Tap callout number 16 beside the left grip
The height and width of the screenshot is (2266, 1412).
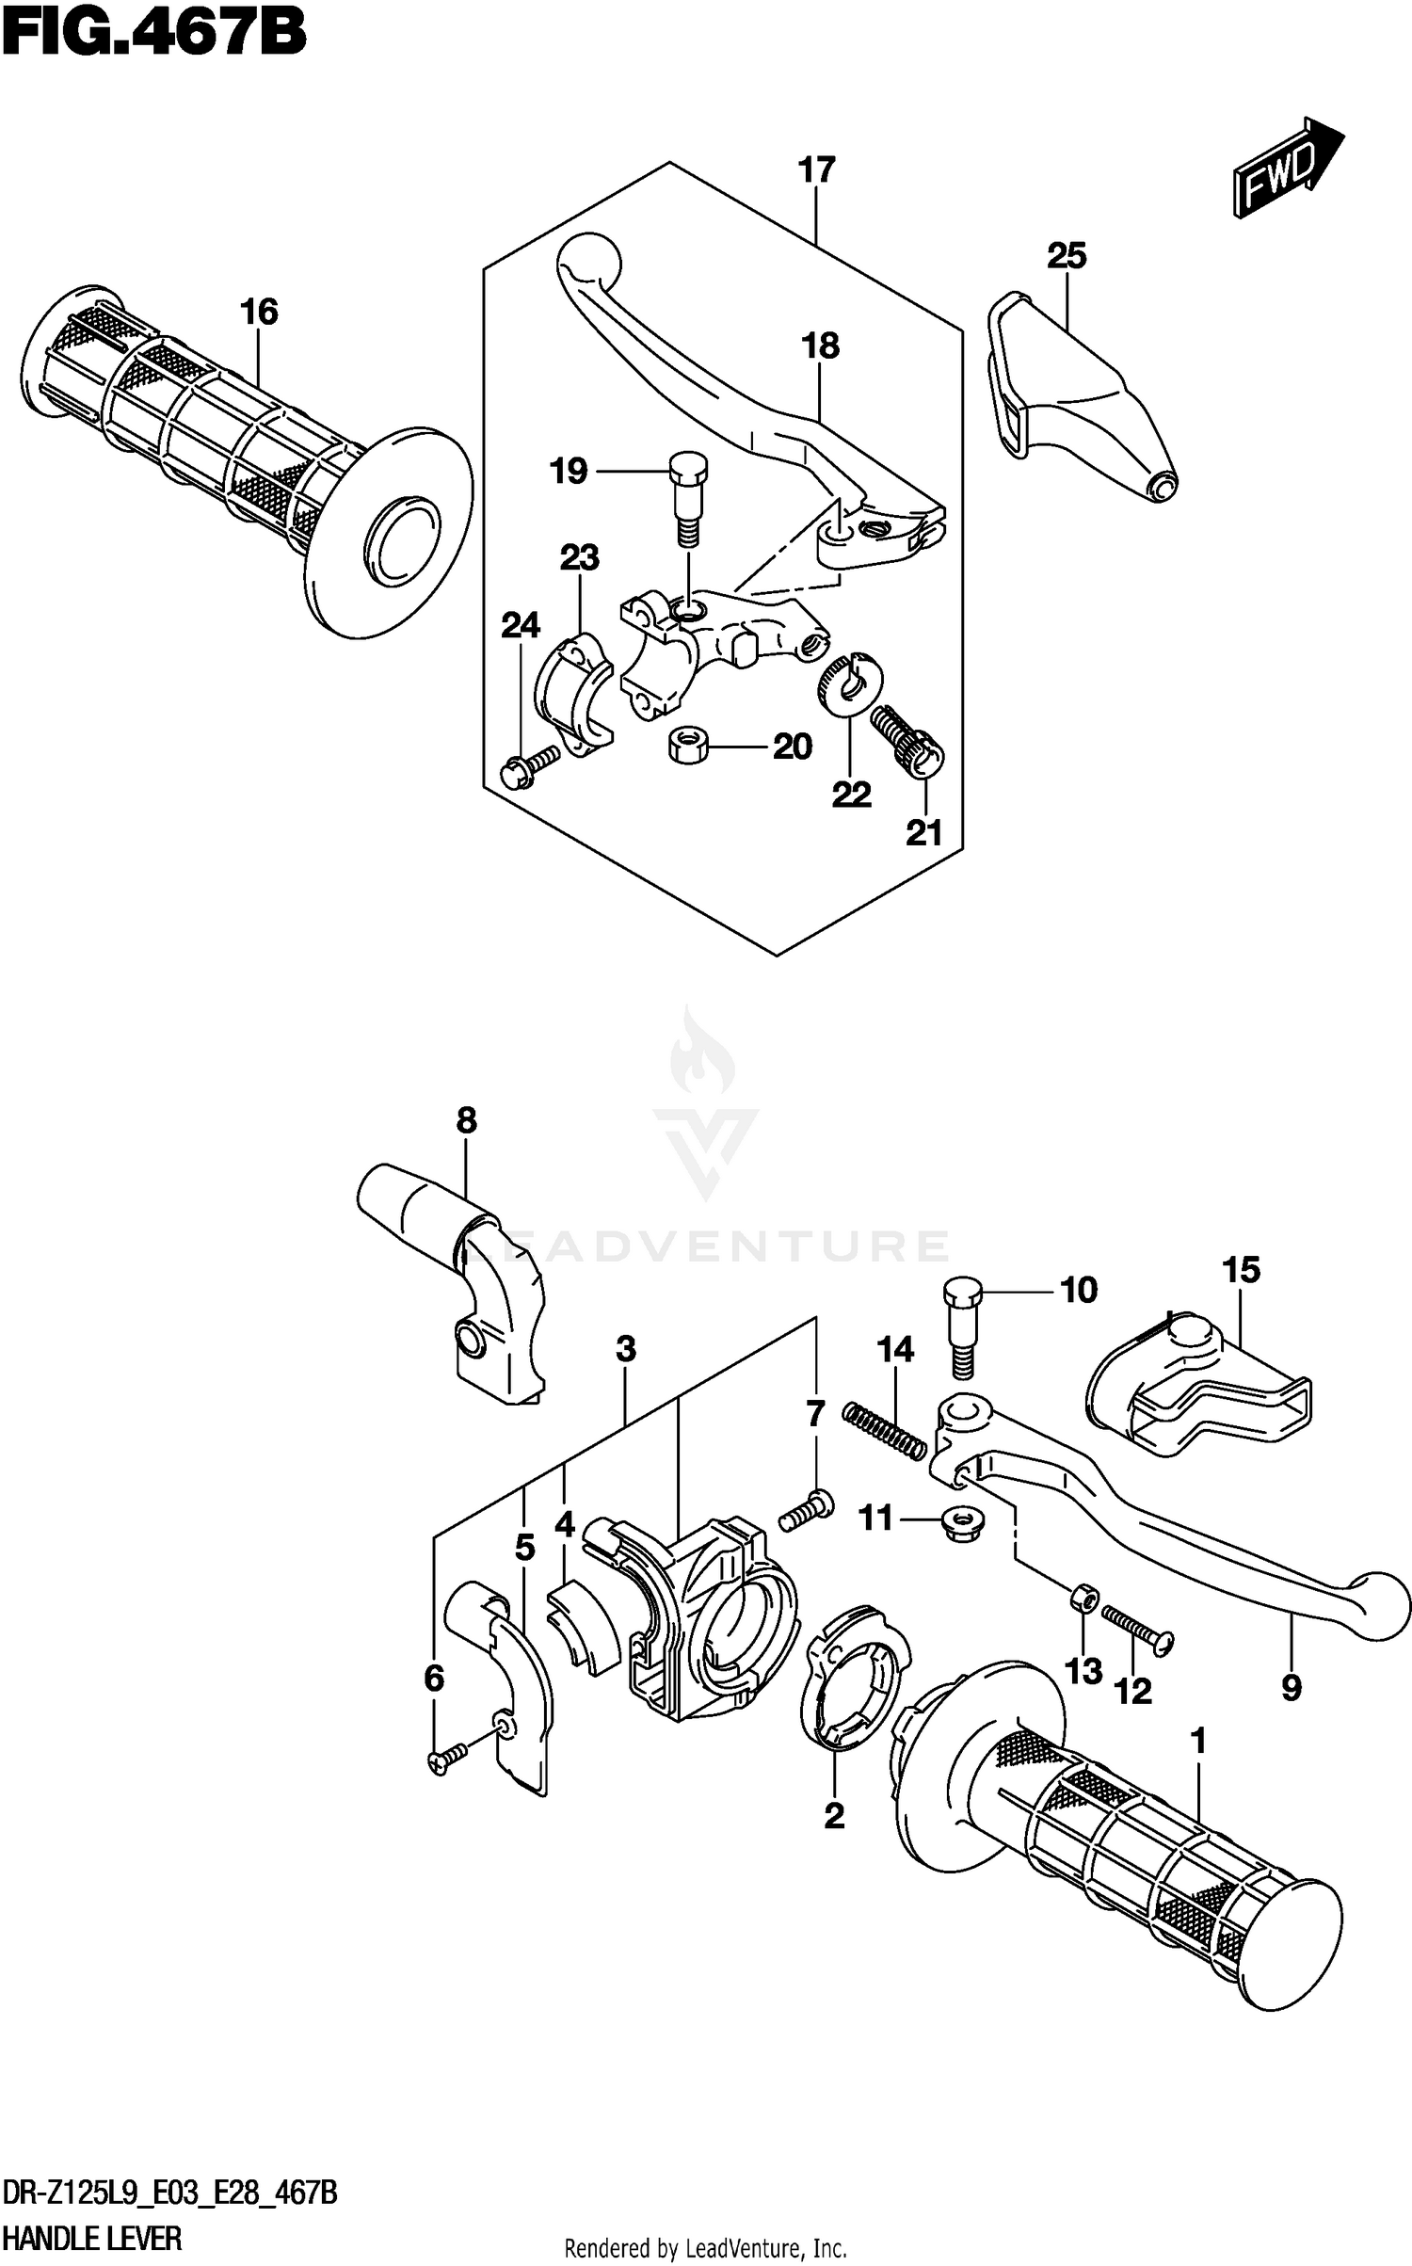point(259,312)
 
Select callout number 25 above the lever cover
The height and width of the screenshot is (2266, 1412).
point(1067,256)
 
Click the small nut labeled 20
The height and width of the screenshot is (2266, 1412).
point(689,747)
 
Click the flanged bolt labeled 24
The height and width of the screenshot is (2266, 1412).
point(532,767)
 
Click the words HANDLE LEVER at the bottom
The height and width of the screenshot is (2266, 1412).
point(93,2237)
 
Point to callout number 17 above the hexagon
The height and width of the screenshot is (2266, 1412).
point(815,171)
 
